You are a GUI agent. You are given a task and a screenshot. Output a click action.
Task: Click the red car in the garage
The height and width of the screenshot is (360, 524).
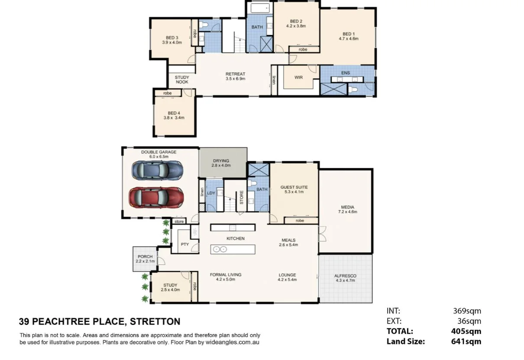[x=156, y=197]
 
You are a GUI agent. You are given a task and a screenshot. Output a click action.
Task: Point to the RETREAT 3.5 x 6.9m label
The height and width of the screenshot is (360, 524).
[x=235, y=76]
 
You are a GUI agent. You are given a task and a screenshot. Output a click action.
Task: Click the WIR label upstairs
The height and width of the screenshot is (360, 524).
[x=298, y=77]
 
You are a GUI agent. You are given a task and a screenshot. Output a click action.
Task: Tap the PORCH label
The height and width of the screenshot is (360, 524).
[x=145, y=257]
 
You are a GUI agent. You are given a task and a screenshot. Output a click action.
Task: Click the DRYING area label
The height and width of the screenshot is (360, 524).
[x=221, y=161]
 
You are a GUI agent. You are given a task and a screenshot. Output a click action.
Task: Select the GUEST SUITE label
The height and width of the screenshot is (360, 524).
[x=294, y=187]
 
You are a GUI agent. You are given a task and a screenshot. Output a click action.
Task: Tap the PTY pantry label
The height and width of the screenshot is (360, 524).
[x=185, y=244]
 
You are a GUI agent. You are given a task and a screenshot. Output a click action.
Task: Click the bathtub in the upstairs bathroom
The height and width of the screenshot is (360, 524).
[x=260, y=8]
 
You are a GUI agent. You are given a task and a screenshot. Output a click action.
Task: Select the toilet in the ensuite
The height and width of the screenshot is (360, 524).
[x=354, y=90]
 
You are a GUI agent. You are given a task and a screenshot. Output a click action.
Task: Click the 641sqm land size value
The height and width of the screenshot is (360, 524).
[x=466, y=341]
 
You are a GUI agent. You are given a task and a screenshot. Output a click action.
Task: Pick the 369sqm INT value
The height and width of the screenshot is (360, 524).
[x=467, y=311]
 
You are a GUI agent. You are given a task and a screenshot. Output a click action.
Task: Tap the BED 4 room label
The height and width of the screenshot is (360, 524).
[x=174, y=113]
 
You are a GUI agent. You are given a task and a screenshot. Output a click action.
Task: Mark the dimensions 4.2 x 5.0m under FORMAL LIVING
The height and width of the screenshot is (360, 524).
[x=225, y=280]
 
